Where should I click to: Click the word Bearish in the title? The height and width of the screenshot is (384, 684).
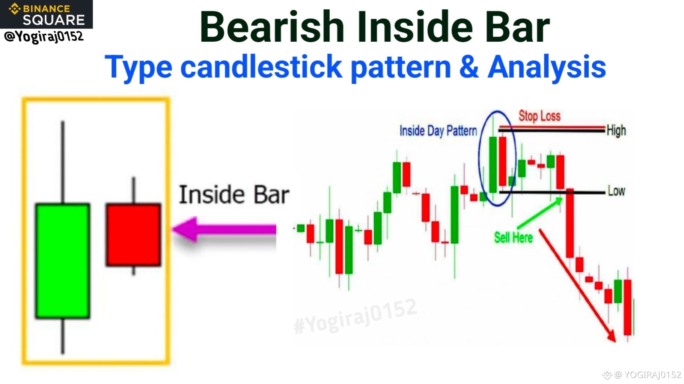tap(272, 27)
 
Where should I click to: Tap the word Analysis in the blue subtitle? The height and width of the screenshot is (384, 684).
tap(547, 67)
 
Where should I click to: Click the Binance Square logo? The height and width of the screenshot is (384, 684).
tap(46, 14)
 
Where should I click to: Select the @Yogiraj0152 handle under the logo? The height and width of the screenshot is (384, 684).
tap(44, 37)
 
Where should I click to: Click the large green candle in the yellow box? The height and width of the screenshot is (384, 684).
tap(63, 261)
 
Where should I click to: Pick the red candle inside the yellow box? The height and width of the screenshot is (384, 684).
tap(134, 235)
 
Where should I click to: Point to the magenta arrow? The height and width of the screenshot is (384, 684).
tap(224, 229)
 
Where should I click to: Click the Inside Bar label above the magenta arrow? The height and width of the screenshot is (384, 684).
tap(234, 195)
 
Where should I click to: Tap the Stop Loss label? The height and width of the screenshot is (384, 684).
tap(539, 116)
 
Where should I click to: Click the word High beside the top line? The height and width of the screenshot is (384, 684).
tap(616, 130)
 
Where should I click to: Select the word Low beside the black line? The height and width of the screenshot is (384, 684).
tap(616, 191)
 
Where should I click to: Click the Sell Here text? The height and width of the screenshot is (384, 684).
tap(513, 237)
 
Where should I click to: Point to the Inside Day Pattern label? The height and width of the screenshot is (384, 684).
tap(438, 131)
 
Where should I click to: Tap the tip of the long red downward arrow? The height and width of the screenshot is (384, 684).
tap(615, 342)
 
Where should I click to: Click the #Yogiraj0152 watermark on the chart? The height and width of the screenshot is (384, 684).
tap(355, 316)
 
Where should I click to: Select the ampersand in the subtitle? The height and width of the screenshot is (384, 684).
tap(469, 67)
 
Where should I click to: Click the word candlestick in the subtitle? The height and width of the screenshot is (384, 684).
tap(261, 67)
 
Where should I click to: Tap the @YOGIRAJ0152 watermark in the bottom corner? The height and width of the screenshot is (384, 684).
tap(642, 375)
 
